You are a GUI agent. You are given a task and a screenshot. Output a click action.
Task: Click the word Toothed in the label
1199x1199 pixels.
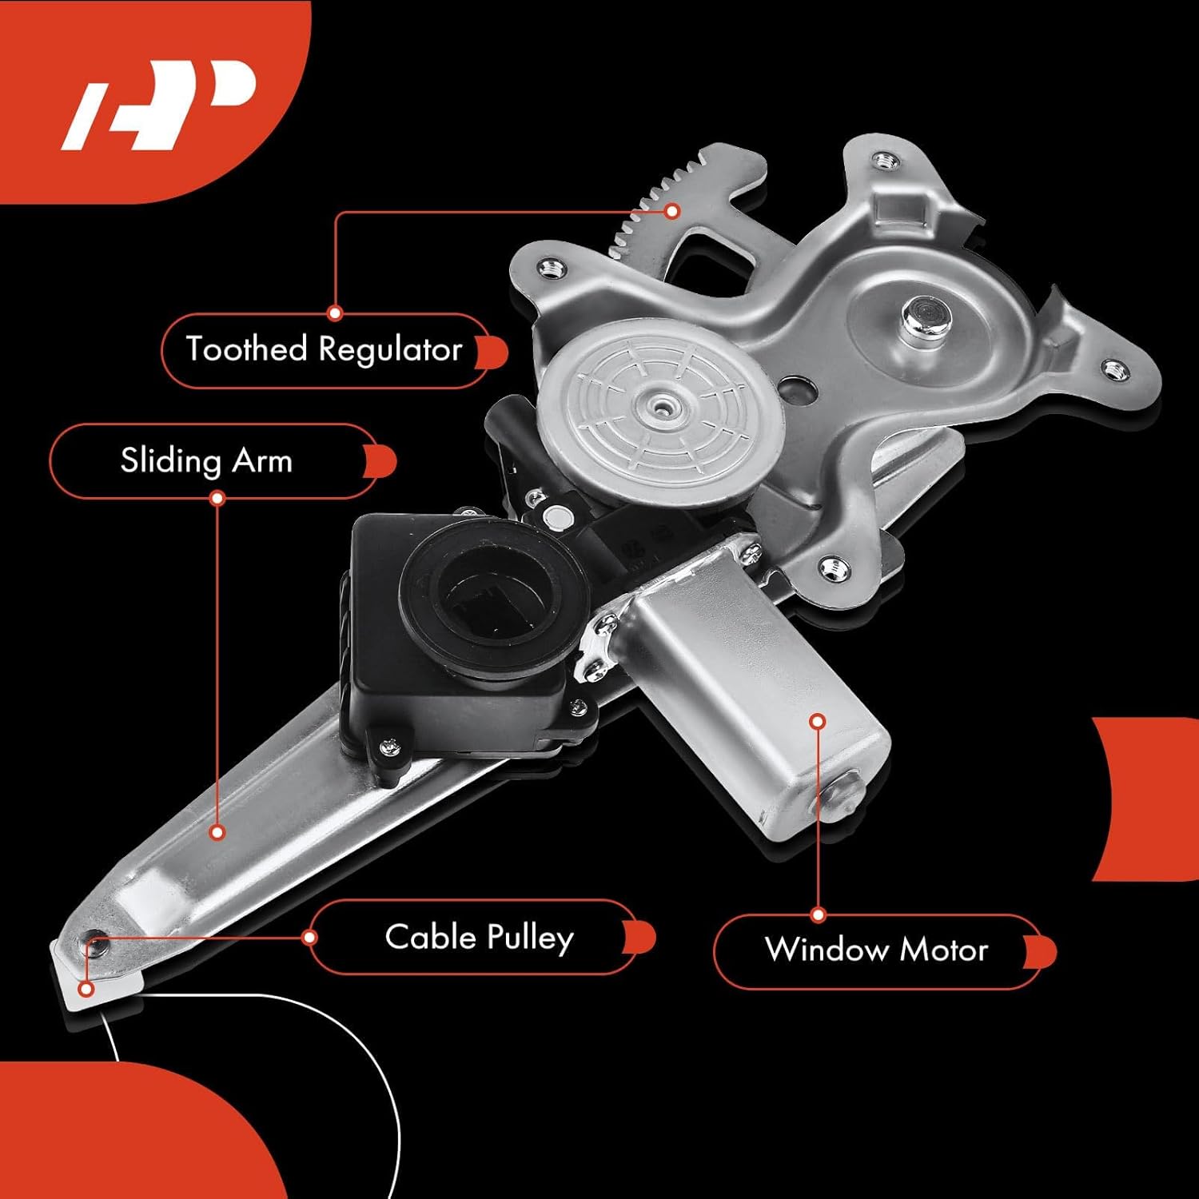tap(246, 349)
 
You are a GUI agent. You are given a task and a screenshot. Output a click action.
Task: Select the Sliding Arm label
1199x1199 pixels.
tap(206, 461)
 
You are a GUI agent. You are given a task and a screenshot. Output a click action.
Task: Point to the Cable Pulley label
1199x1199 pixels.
tap(479, 938)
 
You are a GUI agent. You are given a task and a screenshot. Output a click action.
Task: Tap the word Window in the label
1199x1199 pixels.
tap(827, 950)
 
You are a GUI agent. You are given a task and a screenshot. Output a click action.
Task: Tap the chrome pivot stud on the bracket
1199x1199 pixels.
tap(923, 316)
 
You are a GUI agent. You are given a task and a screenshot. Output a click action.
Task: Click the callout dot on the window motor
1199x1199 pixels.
tap(817, 721)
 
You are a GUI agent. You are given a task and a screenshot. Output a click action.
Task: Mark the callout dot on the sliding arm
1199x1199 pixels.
tap(217, 832)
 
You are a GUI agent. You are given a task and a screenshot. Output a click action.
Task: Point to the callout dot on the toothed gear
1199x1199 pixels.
tap(672, 211)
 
